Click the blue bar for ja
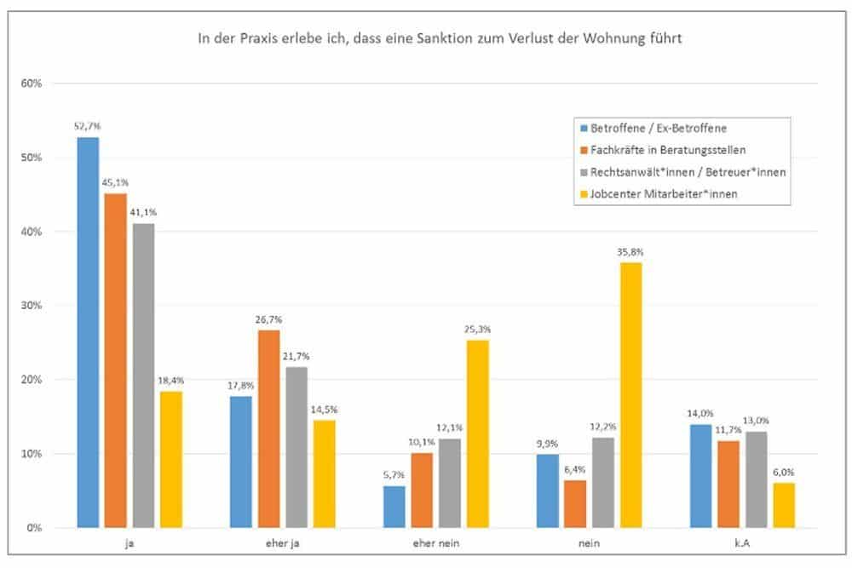(x=88, y=332)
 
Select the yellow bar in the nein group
(x=630, y=395)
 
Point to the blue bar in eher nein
(x=394, y=507)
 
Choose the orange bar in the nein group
(x=575, y=504)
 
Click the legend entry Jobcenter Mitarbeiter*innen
(x=664, y=193)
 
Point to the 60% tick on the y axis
(x=32, y=83)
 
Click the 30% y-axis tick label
(x=32, y=306)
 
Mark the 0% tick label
(x=35, y=528)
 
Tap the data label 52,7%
(x=88, y=126)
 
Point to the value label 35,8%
(x=630, y=251)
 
